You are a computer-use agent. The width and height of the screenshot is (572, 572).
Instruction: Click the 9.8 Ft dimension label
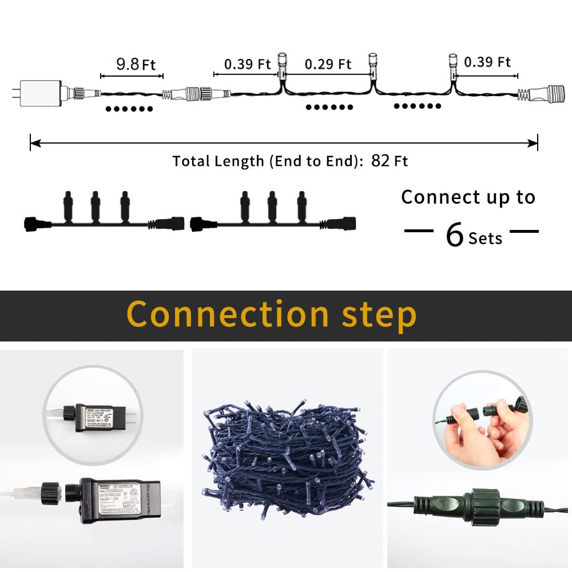(136, 63)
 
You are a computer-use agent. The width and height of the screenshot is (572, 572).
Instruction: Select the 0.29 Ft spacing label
(328, 64)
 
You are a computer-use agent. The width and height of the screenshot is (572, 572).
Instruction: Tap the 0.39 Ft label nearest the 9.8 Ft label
(247, 63)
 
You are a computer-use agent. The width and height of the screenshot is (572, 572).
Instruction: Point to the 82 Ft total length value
(390, 161)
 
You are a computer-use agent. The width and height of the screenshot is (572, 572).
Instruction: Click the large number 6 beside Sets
(454, 235)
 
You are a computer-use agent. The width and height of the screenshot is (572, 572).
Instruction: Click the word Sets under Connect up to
(485, 238)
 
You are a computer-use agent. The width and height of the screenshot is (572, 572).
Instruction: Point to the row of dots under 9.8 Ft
(129, 109)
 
